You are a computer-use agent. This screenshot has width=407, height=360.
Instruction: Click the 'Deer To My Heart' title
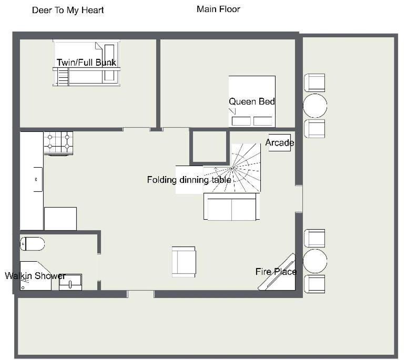click(68, 11)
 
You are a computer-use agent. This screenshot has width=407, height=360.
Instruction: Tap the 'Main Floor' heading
click(218, 9)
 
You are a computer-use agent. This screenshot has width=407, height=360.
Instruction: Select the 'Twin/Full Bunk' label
click(86, 63)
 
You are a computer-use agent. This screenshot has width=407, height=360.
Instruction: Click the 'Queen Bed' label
click(252, 101)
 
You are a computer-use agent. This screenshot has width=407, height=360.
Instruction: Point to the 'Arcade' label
click(280, 142)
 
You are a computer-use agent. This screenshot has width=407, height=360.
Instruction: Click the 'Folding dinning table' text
click(189, 180)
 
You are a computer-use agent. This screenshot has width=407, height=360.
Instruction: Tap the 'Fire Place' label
click(276, 272)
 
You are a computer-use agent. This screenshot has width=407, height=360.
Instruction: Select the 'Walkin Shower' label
click(35, 275)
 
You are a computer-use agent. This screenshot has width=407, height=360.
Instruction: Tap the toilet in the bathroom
click(33, 244)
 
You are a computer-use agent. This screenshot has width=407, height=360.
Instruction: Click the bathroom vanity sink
click(70, 282)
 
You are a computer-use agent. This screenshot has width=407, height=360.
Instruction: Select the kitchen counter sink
click(38, 180)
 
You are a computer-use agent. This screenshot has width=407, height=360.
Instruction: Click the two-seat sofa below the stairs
click(231, 207)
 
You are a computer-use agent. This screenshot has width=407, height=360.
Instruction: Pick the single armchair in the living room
click(184, 262)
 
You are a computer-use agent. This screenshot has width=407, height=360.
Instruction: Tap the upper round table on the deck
click(315, 106)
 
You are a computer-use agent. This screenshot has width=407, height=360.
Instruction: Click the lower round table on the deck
click(315, 261)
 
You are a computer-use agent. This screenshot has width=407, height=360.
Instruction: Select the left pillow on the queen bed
click(241, 121)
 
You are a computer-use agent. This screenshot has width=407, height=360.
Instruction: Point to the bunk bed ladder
click(63, 77)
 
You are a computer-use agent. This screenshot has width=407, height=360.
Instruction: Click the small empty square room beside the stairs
click(209, 147)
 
